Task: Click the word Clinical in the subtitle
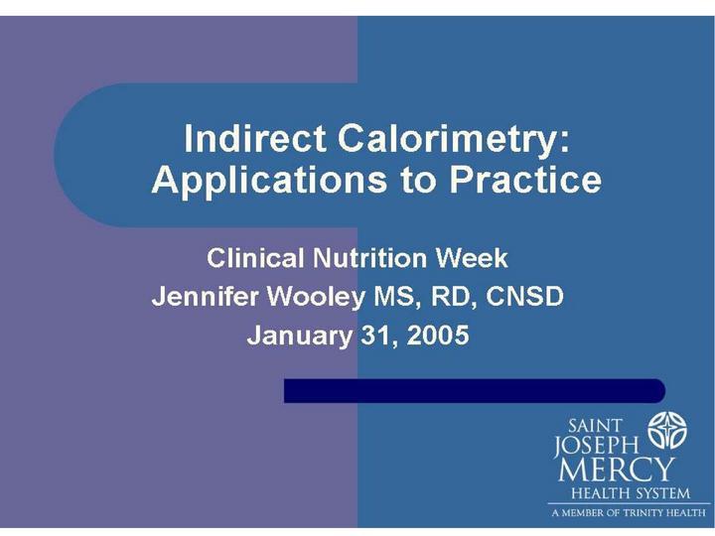point(255,259)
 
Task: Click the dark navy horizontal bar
point(474,390)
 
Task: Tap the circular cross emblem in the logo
point(667,432)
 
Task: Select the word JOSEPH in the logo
point(598,446)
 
